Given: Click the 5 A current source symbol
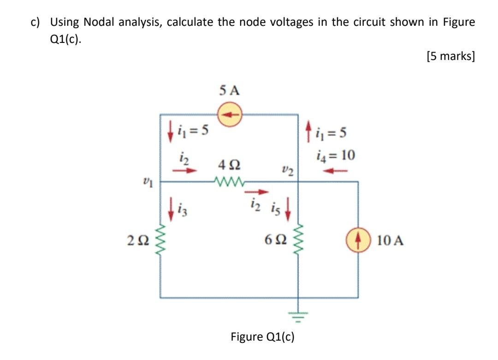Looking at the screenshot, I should coord(229,114).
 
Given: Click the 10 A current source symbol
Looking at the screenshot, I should coord(358,240).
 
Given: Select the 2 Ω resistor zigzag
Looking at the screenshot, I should coord(160,240).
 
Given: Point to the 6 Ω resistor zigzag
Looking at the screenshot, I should coord(298,240).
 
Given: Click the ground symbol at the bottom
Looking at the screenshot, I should coord(298,315).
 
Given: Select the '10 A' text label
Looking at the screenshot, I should coord(390,240).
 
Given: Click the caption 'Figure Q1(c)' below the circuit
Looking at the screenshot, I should coord(262,337).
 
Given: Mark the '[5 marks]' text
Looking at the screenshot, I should coord(451,57).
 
